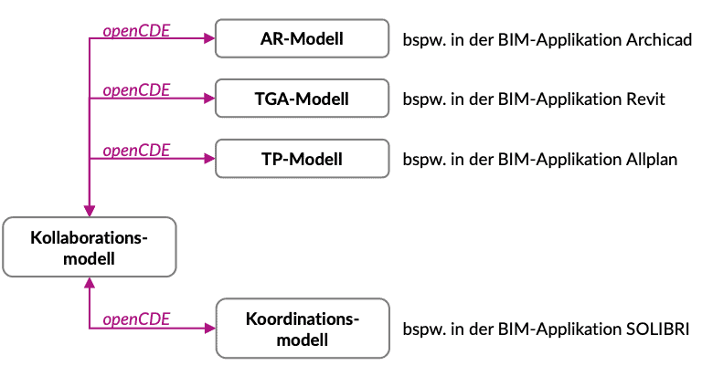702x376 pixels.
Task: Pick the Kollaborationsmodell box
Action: click(x=89, y=247)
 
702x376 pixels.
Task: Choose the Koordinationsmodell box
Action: click(x=302, y=328)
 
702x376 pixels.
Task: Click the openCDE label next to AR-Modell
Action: click(x=136, y=30)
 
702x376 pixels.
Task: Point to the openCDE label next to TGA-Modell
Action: click(x=136, y=89)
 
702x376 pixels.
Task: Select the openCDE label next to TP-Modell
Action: click(x=136, y=150)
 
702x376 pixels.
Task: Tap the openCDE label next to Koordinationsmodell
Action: click(x=136, y=319)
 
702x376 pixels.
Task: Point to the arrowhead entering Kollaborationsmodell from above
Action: click(x=89, y=211)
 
